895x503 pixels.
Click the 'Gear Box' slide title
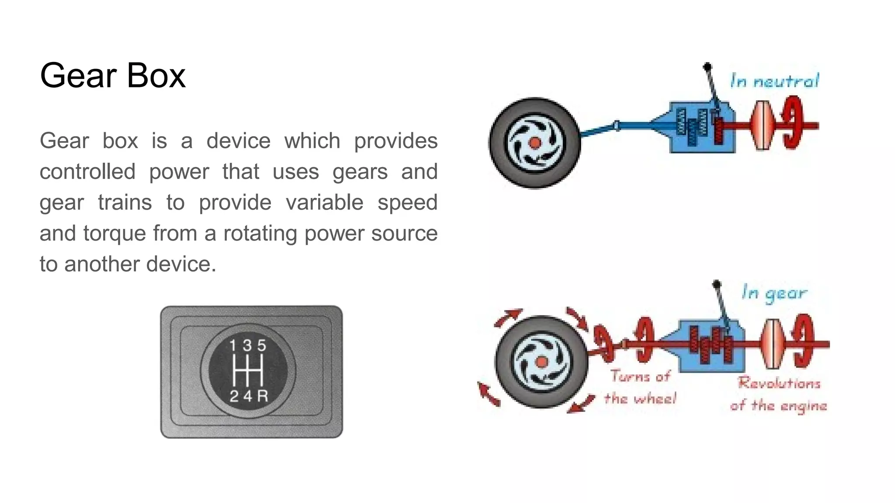113,76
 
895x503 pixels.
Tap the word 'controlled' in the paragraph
87,172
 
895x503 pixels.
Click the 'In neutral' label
774,81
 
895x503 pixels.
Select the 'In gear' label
774,293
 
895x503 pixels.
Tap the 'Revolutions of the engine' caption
779,394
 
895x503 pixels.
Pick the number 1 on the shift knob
233,346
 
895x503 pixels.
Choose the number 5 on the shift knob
262,346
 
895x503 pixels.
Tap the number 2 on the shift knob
234,396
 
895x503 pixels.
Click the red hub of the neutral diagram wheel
534,143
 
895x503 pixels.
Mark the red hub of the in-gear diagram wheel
541,362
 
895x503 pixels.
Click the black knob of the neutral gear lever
707,67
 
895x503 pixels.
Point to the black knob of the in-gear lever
716,284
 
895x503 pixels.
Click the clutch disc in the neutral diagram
763,126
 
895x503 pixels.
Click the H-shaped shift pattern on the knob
248,371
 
